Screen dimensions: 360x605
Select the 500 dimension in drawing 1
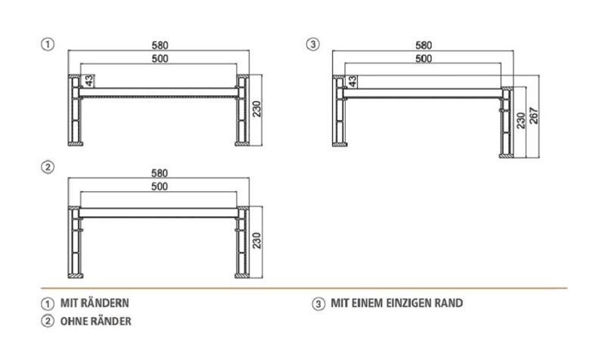tap(160, 59)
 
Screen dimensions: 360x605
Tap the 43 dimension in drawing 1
tap(88, 81)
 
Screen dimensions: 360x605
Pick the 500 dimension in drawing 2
tap(160, 187)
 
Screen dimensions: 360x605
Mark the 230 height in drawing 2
tap(257, 241)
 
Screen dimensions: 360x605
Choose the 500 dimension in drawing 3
tap(423, 59)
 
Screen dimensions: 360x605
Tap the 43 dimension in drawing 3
tap(352, 81)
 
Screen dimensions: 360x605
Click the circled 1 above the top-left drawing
tap(48, 44)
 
